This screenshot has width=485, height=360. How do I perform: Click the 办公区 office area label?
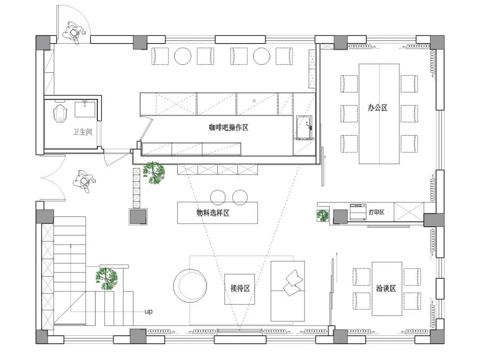(x=377, y=108)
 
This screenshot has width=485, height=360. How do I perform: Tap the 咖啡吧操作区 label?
(x=229, y=127)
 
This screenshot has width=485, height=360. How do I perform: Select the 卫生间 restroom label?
(x=83, y=132)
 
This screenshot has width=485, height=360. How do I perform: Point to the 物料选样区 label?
(x=213, y=213)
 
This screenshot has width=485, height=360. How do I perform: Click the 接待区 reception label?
(x=240, y=288)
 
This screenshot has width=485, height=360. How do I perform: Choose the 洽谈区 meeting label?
(x=386, y=288)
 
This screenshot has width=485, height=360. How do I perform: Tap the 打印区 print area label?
(x=376, y=212)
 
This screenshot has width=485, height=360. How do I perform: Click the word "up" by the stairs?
(x=149, y=312)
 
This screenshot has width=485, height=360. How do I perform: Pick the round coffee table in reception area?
(x=190, y=285)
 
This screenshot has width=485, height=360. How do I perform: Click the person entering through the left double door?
(x=84, y=181)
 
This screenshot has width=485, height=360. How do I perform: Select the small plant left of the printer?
(x=322, y=215)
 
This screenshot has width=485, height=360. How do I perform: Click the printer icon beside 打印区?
(x=358, y=212)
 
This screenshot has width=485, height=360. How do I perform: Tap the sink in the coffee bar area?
(x=304, y=127)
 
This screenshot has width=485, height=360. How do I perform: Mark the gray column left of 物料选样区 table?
(x=138, y=216)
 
